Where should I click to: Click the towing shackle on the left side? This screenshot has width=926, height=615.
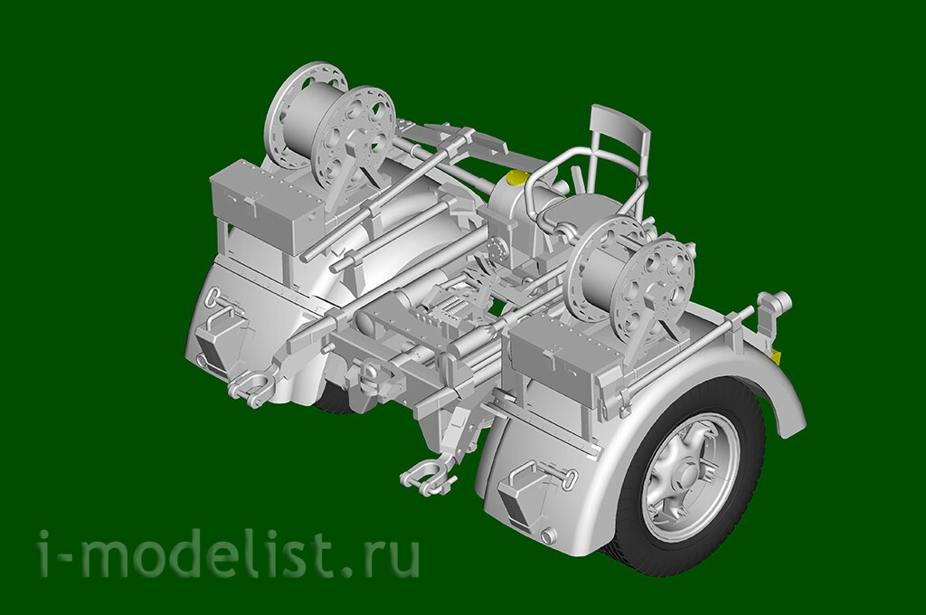[x=251, y=385]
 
